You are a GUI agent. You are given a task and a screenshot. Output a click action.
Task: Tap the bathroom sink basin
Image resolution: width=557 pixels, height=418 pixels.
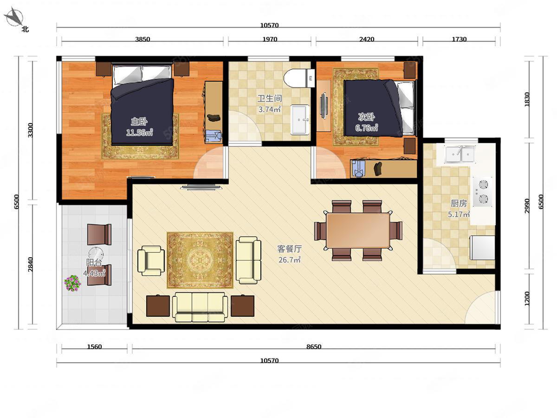tap(300, 120)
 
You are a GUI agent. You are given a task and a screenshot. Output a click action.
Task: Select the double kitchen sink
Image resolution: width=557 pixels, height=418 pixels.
tap(460, 154)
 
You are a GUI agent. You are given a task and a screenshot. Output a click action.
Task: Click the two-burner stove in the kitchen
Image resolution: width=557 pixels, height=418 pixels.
tap(482, 192)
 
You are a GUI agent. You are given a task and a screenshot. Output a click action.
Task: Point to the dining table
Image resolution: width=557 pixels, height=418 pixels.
tap(358, 230)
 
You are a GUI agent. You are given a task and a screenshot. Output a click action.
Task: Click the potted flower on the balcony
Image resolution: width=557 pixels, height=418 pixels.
tap(72, 283)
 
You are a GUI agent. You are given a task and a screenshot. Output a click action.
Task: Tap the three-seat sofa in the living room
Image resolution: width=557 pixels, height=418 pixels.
tap(200, 307)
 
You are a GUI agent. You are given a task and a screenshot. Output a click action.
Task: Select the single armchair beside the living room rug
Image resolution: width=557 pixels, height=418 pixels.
tap(151, 261)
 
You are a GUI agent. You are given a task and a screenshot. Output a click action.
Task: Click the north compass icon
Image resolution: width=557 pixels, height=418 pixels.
tap(15, 17)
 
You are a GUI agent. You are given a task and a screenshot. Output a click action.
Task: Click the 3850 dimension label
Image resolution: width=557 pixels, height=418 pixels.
tap(142, 39)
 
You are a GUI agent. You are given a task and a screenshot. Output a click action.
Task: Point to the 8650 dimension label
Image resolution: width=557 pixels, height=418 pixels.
tap(314, 346)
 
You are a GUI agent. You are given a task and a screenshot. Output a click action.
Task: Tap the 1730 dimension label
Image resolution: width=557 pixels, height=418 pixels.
tap(460, 39)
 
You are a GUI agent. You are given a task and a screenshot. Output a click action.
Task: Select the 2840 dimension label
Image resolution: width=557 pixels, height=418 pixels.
tap(31, 264)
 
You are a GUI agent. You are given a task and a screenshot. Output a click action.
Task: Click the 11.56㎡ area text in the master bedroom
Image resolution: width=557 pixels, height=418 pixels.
tap(139, 132)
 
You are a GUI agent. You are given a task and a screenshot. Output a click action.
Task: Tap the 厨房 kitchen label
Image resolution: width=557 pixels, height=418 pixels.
tap(459, 203)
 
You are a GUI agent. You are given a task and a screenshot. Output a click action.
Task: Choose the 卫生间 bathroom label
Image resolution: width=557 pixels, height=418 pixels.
tap(270, 98)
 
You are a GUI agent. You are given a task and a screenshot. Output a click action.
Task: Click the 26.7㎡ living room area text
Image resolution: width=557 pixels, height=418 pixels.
tap(290, 260)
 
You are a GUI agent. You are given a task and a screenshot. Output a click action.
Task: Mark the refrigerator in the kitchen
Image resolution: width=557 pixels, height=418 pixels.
tap(482, 248)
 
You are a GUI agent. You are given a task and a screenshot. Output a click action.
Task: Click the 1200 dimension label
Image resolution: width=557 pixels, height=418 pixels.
tap(527, 299)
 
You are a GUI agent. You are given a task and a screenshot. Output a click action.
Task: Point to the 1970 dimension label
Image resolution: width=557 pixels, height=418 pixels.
tap(270, 39)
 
